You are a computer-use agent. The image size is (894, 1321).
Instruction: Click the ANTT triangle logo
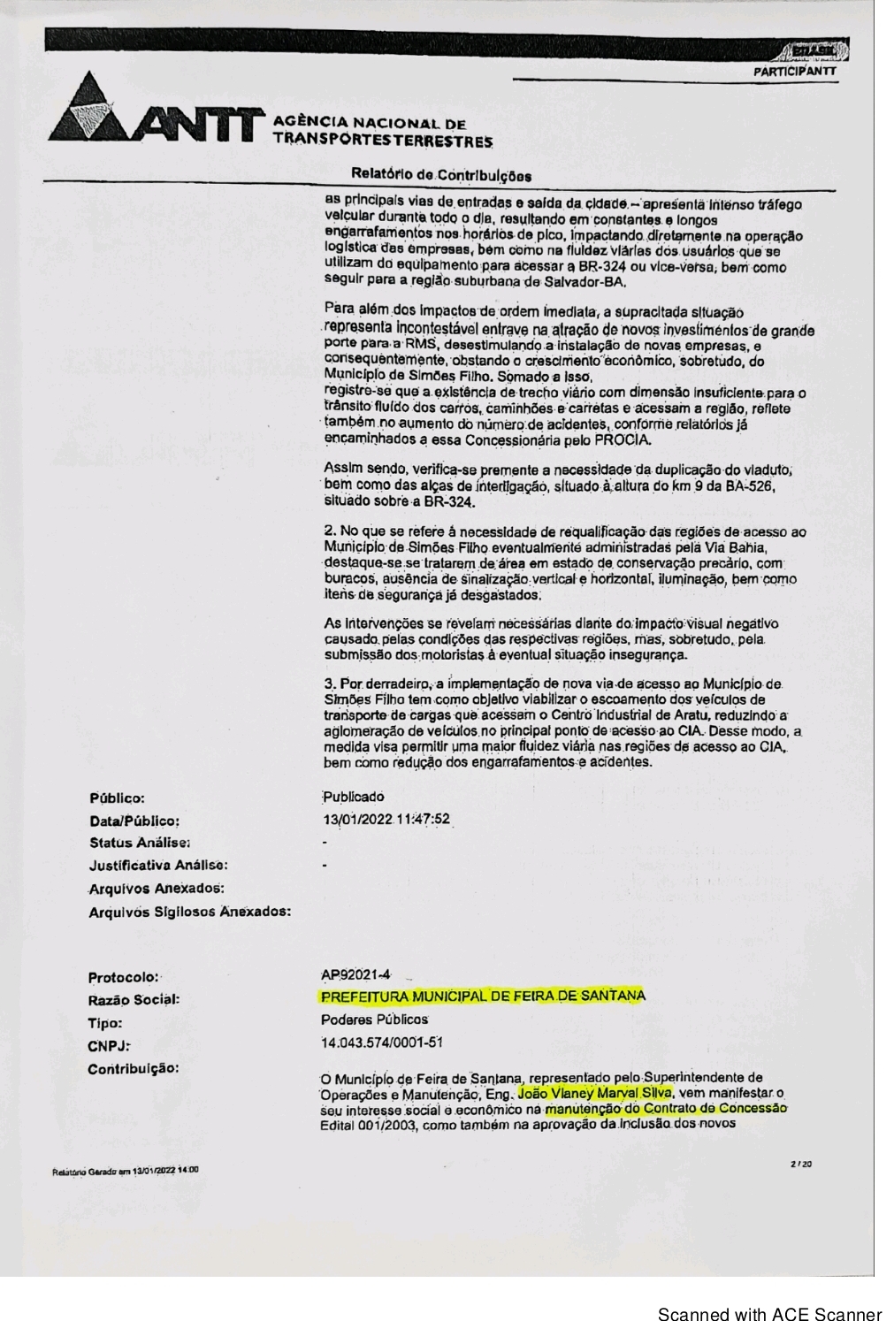tap(97, 111)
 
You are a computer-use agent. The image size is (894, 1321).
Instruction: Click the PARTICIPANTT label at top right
tap(793, 71)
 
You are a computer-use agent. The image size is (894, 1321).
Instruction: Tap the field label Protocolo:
tap(124, 977)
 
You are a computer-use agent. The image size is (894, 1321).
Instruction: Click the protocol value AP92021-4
tap(356, 974)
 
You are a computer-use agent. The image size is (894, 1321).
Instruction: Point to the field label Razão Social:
tap(134, 999)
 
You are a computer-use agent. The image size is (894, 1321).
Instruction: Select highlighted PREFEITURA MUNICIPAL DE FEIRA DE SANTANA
tap(483, 996)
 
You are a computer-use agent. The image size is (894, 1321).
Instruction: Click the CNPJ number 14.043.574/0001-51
tap(382, 1042)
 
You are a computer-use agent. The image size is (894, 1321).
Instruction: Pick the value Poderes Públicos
tap(375, 1019)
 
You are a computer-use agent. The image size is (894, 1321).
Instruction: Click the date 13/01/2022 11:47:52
tap(387, 819)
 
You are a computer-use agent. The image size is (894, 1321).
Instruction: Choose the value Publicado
tap(354, 796)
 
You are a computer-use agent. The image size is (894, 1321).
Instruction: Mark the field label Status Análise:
tap(140, 843)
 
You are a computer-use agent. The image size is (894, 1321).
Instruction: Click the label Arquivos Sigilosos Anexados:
tap(190, 911)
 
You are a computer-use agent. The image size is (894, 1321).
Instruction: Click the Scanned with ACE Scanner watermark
tap(769, 1313)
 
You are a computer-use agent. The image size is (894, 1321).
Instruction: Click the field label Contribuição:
tap(134, 1068)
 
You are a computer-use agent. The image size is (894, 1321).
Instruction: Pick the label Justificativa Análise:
tap(158, 865)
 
